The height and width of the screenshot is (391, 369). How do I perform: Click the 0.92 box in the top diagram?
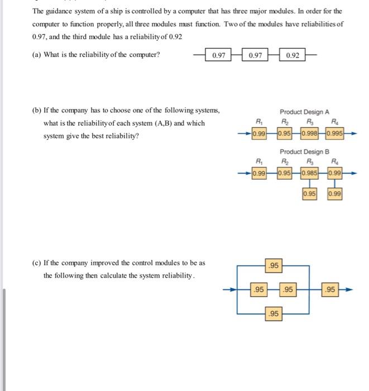(x=292, y=55)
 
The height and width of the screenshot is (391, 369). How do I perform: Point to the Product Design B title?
(x=305, y=151)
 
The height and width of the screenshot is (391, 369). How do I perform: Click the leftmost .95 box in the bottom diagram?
(x=257, y=290)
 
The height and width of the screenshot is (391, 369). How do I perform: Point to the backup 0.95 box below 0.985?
(x=309, y=194)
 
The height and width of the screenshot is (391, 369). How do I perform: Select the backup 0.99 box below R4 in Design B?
(x=334, y=194)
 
